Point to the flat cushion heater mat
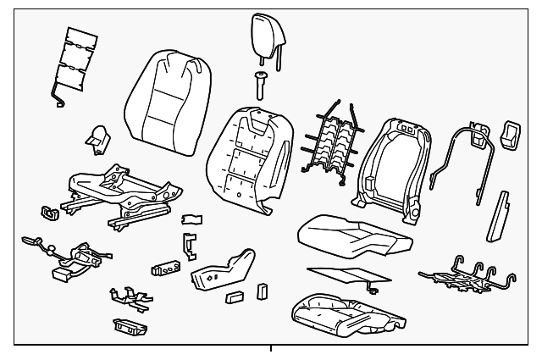coord(339,274)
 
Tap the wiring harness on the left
coord(72,254)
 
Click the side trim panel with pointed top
coord(223,269)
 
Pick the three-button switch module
coord(167,269)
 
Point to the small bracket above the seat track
coord(99,136)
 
